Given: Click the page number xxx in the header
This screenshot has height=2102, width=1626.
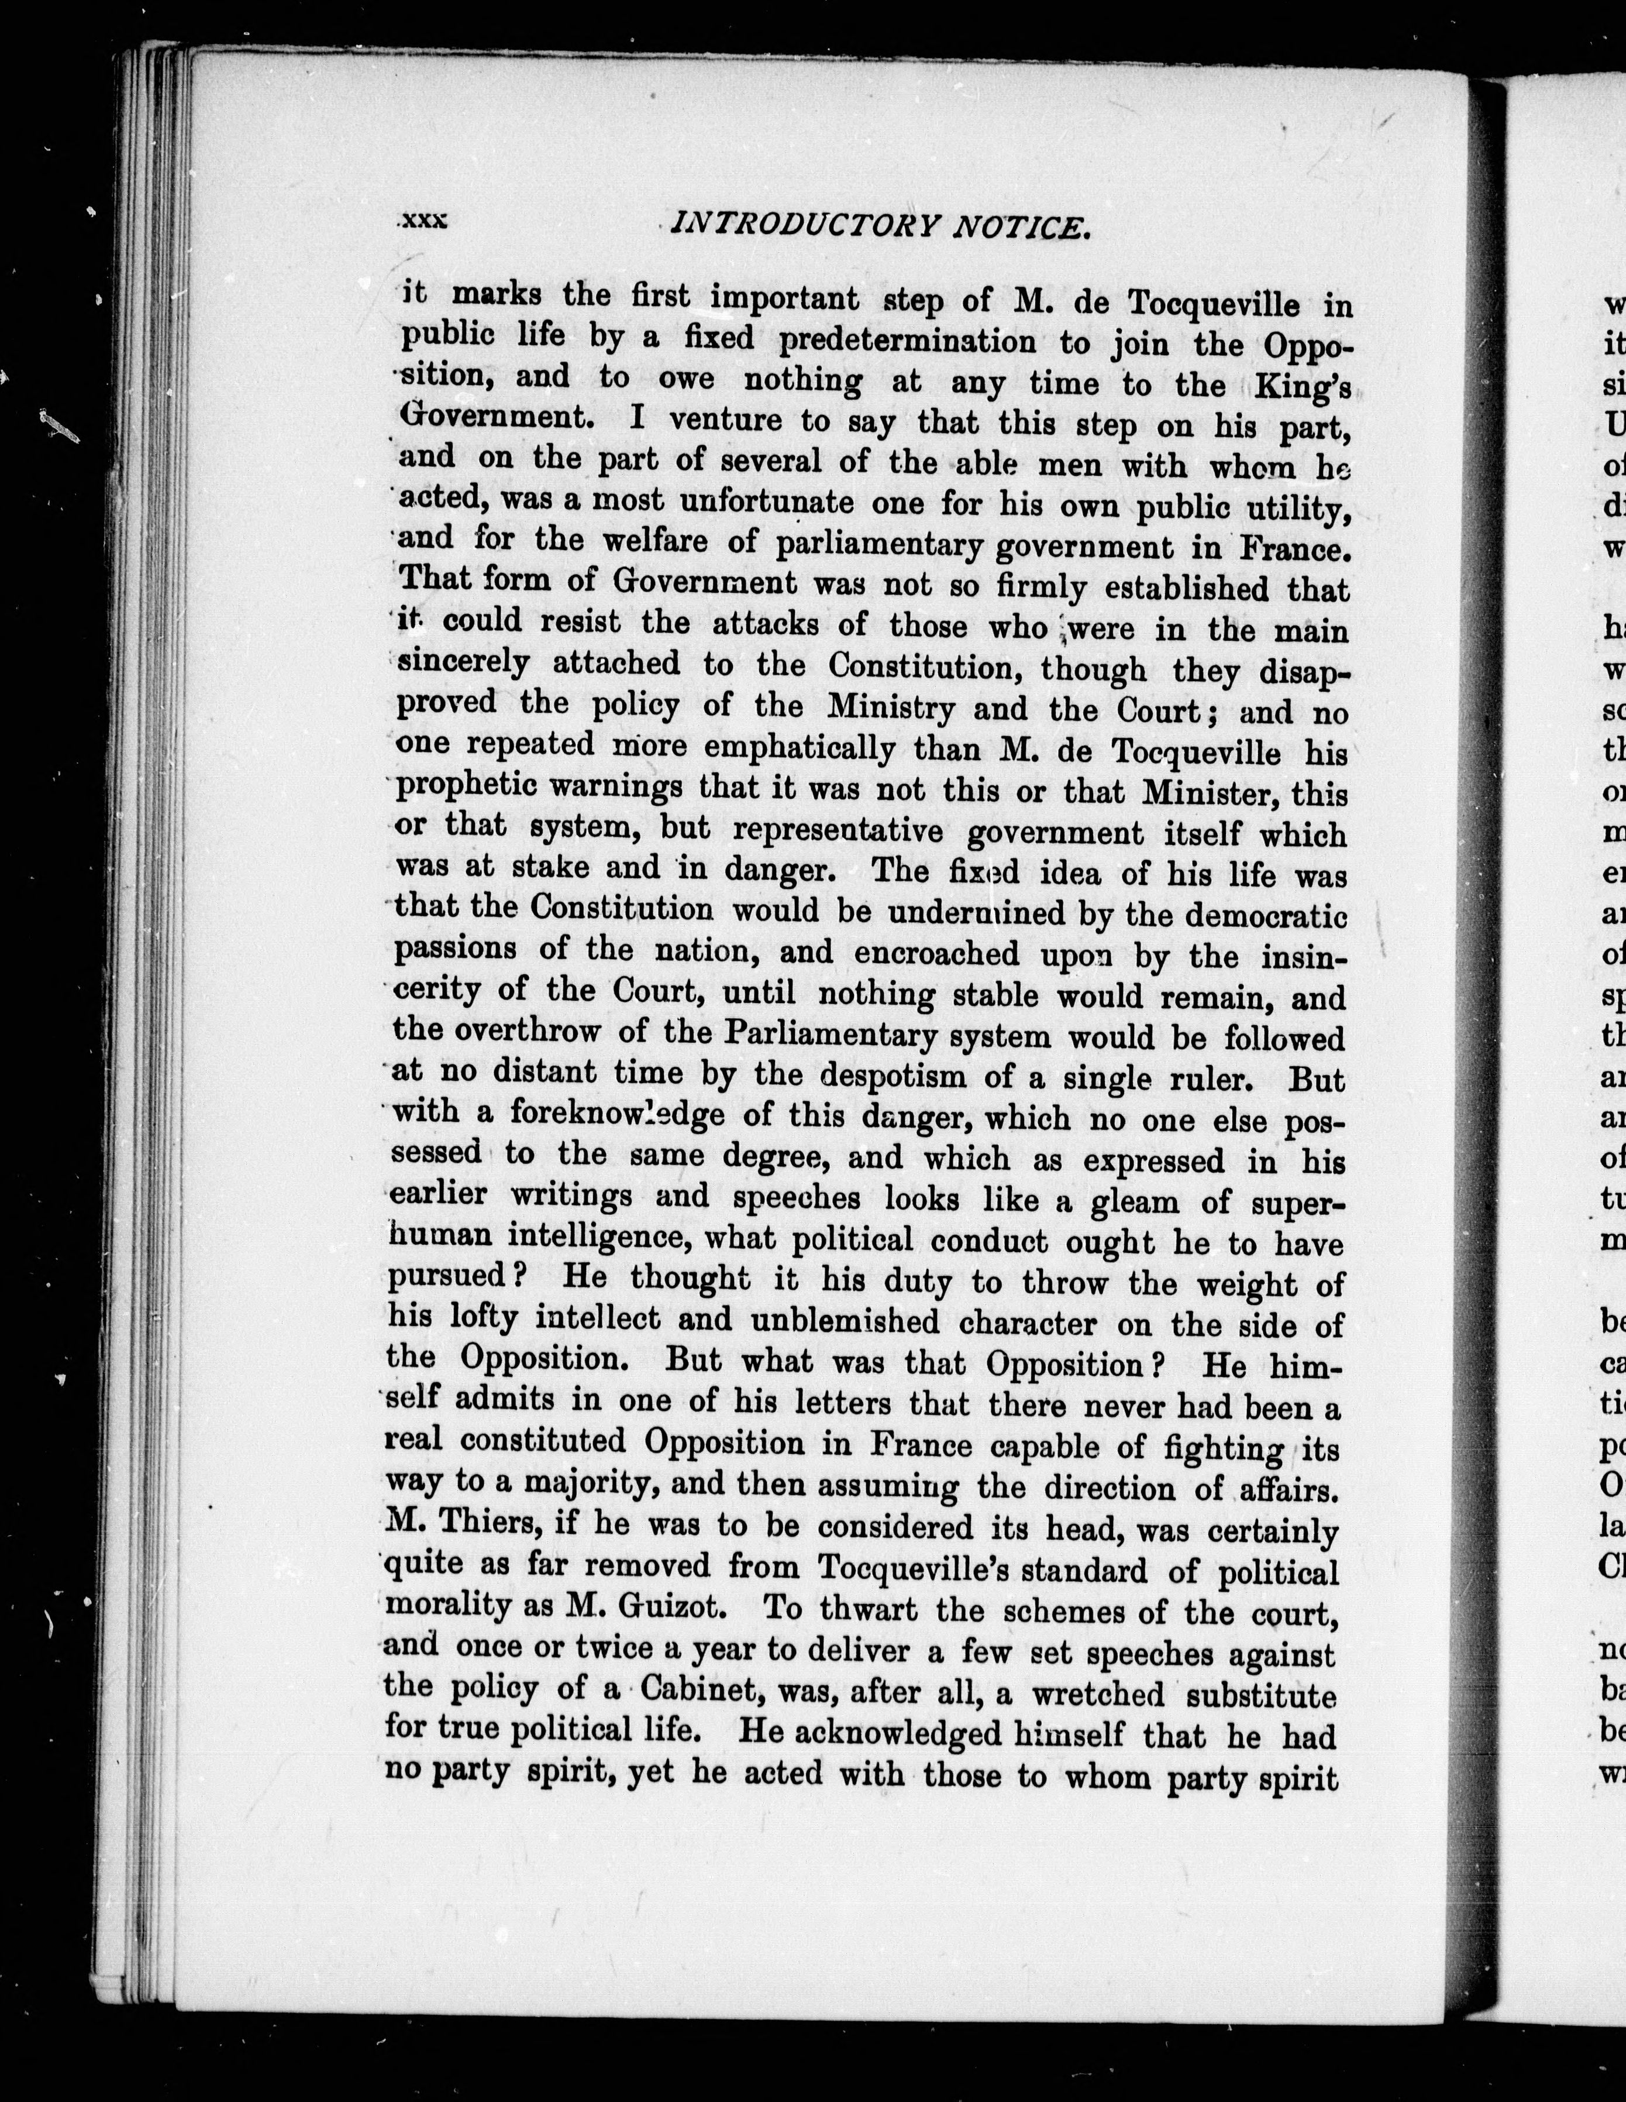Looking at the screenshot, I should (423, 221).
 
